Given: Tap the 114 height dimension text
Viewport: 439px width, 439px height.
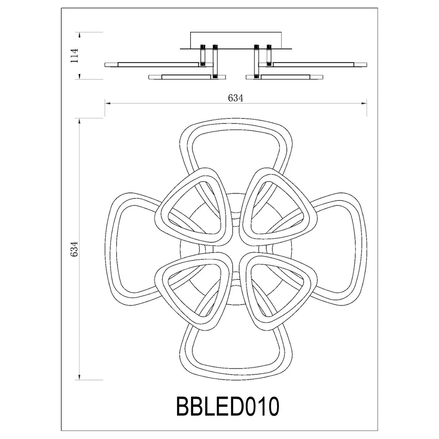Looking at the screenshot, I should (x=75, y=55).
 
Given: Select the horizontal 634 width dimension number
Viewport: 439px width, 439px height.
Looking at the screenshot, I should (x=235, y=98).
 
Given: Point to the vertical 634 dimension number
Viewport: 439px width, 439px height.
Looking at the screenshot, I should (x=74, y=249).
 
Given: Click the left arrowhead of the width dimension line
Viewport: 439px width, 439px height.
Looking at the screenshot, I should (x=107, y=103).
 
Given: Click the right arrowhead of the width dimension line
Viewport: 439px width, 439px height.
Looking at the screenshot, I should (x=366, y=103).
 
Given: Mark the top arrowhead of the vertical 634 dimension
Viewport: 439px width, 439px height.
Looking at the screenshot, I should (x=80, y=121).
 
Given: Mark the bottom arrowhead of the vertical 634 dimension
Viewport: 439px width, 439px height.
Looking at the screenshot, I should (x=80, y=378).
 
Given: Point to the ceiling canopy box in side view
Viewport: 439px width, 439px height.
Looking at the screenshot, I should (x=236, y=38).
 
